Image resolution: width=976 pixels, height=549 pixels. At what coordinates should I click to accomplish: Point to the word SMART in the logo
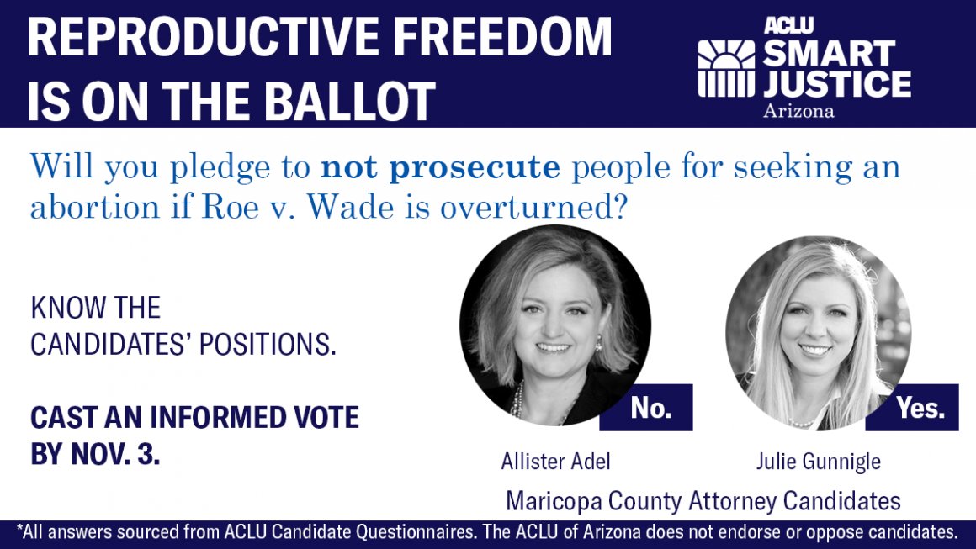point(830,54)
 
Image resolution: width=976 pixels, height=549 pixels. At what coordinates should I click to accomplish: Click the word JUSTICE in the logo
point(836,84)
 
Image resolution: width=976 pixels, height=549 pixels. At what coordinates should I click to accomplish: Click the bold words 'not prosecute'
point(440,167)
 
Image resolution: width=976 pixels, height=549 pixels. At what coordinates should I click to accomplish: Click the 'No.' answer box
point(651,408)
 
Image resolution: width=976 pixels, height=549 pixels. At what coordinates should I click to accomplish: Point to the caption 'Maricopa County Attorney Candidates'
point(703,501)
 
